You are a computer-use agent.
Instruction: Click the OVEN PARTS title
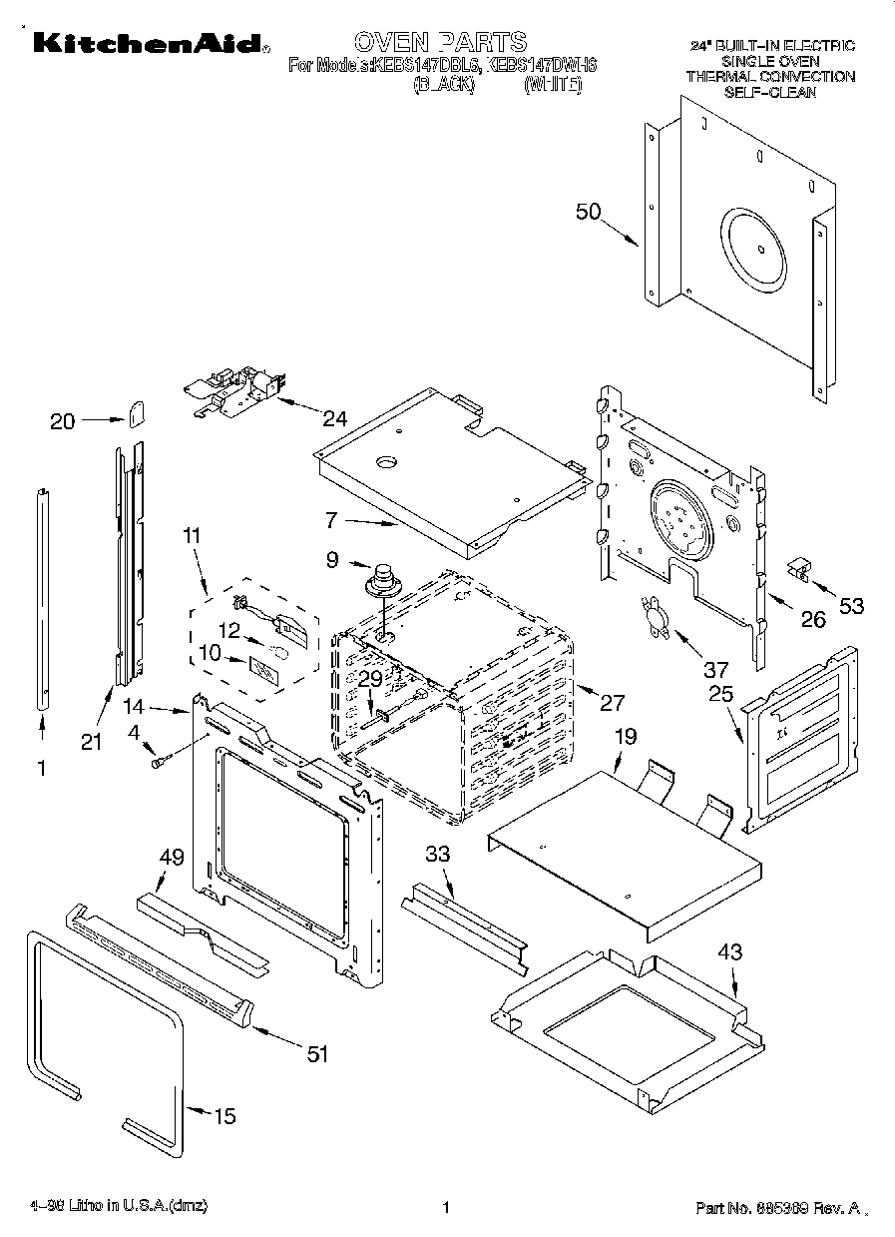tap(440, 41)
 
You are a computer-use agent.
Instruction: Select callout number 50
tap(590, 212)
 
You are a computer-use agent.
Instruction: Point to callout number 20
tap(62, 421)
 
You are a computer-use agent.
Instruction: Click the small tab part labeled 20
tap(138, 411)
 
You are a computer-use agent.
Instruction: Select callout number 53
tap(851, 605)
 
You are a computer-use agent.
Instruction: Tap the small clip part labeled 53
tap(799, 569)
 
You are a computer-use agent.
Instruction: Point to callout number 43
tap(730, 952)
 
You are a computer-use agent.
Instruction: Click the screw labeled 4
tap(158, 763)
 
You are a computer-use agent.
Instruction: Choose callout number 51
tap(316, 1053)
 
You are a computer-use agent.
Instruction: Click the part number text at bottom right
tap(777, 1208)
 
